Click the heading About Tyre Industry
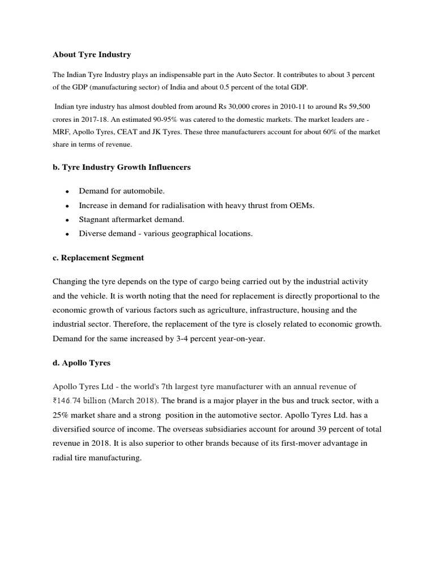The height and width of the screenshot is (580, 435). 92,55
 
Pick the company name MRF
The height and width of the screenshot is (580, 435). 61,131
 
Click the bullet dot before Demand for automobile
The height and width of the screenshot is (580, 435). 67,192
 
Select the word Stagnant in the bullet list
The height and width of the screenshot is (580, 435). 95,219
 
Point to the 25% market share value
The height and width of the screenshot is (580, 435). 62,414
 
